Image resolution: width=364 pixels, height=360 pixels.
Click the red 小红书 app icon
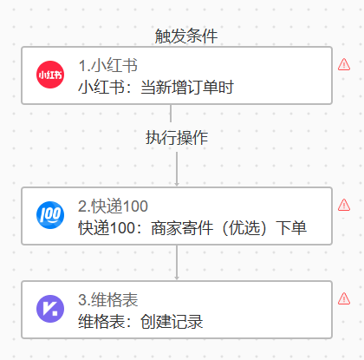click(50, 75)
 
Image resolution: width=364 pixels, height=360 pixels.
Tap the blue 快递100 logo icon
click(50, 215)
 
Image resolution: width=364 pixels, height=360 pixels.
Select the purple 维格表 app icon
click(50, 309)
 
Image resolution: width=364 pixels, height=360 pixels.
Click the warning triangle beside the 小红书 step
click(344, 64)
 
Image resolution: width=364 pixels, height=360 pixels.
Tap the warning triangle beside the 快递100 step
click(344, 205)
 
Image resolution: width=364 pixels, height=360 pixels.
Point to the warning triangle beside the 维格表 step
click(344, 298)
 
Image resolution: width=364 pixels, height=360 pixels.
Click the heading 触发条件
click(186, 36)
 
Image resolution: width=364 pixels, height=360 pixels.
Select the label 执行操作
click(177, 137)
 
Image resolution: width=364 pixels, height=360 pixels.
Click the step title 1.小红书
click(108, 65)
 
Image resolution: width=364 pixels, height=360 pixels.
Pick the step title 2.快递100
click(113, 206)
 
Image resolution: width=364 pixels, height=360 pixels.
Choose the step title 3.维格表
click(108, 299)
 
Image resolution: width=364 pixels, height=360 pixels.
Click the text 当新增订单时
click(187, 87)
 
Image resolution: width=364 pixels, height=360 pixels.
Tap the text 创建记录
click(172, 322)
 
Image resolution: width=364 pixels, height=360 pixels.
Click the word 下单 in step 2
click(291, 228)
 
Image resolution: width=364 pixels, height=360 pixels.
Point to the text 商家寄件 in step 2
click(182, 228)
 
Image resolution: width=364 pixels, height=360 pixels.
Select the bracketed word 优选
click(244, 228)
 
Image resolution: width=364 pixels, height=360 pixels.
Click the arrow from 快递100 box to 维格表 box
click(177, 263)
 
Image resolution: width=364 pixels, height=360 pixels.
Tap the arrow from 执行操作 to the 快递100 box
click(177, 169)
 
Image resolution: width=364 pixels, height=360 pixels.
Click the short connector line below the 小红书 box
click(171, 114)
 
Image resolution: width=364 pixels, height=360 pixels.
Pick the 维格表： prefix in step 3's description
click(106, 322)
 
